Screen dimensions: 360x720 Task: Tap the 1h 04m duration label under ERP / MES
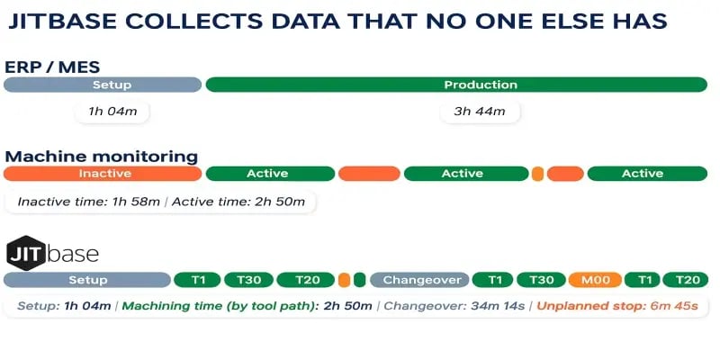tap(112, 112)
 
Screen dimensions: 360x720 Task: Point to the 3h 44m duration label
tap(480, 112)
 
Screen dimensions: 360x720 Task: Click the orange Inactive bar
tap(103, 174)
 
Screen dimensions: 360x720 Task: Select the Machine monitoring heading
tap(101, 156)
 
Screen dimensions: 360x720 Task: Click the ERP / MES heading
tap(52, 67)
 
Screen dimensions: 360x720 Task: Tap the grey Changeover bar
tap(419, 280)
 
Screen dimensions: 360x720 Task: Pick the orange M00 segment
tap(595, 280)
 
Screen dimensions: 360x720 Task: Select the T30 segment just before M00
tap(541, 280)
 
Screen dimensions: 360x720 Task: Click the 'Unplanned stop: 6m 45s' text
tap(617, 306)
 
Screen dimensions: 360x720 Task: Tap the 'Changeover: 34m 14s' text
tap(454, 306)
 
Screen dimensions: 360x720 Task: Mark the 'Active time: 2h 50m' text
tap(238, 202)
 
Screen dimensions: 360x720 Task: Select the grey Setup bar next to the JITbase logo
tap(87, 280)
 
